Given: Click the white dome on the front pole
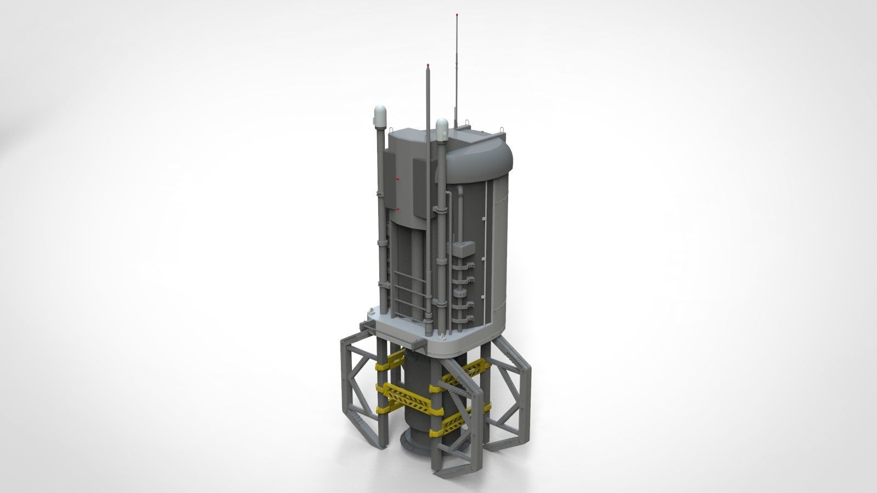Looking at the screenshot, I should tap(442, 127).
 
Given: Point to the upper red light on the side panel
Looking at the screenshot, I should tap(398, 179).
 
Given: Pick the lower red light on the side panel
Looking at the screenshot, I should tap(398, 209).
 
